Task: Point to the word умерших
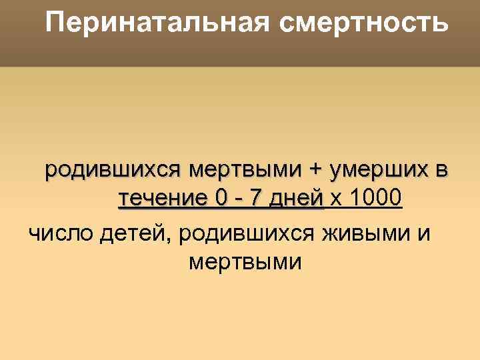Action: tap(377, 170)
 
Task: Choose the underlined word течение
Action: tap(162, 199)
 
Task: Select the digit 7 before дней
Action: tap(257, 199)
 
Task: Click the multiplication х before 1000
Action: tap(336, 199)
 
